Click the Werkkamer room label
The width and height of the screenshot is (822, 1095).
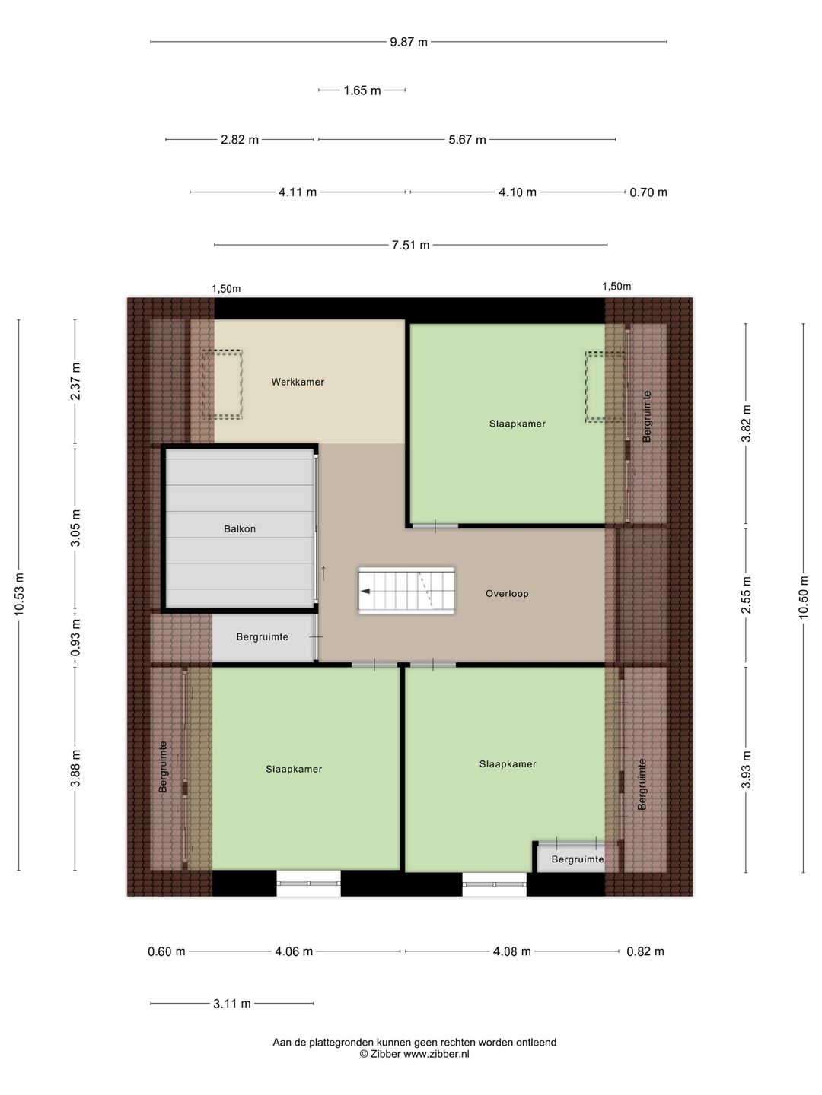point(298,382)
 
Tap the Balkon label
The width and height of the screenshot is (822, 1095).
point(240,528)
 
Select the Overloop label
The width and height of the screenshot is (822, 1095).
point(507,594)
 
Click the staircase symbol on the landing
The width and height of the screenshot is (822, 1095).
point(406,591)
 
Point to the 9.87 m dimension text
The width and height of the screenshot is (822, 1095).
point(409,42)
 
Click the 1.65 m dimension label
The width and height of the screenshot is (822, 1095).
point(362,90)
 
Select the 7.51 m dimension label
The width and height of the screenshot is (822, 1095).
point(410,245)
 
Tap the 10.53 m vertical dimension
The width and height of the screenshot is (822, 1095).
point(19,594)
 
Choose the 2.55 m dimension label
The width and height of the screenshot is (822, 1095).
point(746,595)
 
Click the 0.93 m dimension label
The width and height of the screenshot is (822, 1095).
point(75,638)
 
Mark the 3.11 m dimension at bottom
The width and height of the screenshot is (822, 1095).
point(231,1004)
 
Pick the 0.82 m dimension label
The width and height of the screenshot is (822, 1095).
point(645,951)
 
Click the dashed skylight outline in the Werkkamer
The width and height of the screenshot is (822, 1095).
point(221,384)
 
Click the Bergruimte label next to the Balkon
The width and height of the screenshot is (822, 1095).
point(262,637)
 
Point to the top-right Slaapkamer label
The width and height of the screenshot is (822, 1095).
point(517,424)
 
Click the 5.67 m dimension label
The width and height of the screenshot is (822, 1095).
point(467,140)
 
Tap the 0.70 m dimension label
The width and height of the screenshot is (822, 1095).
point(648,192)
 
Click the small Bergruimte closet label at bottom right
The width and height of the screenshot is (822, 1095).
point(578,859)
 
